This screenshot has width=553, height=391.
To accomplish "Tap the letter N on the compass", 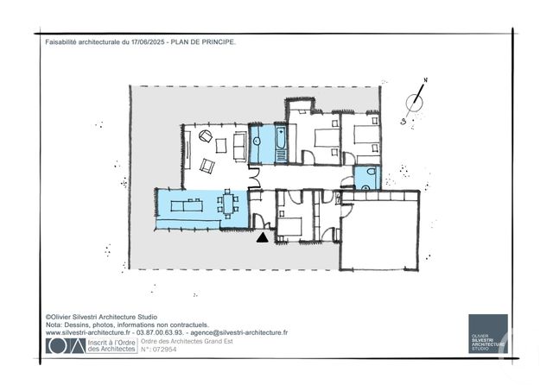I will tap(424, 84).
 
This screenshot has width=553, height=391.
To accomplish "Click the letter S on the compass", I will tap(404, 122).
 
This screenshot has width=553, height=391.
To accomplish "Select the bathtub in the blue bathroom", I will tap(283, 144).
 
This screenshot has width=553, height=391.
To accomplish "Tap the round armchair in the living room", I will tap(207, 136).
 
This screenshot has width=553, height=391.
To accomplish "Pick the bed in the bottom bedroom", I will tap(290, 226).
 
